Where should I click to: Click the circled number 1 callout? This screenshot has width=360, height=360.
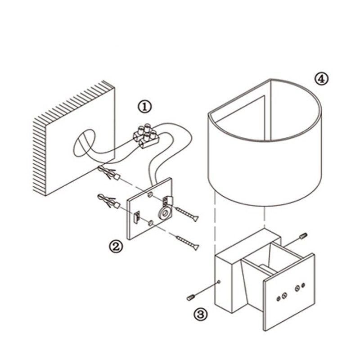(144, 107)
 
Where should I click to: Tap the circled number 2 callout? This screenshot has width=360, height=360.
(116, 246)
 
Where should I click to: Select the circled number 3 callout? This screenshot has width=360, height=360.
(200, 314)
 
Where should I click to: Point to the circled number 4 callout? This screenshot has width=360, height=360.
(321, 79)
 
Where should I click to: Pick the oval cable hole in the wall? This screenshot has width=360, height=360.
(84, 143)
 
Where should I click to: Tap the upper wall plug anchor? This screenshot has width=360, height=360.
(109, 173)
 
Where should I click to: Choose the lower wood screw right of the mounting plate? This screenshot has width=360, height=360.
(187, 243)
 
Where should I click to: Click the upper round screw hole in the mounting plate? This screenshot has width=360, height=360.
(150, 195)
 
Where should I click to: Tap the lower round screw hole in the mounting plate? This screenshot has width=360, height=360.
(151, 223)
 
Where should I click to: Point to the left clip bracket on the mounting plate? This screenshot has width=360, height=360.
(137, 217)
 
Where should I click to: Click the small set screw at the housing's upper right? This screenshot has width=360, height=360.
(303, 236)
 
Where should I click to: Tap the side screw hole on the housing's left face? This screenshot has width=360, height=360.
(219, 282)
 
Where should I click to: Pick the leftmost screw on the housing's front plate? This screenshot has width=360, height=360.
(279, 298)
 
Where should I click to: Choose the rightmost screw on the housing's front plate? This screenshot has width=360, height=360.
(303, 286)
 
